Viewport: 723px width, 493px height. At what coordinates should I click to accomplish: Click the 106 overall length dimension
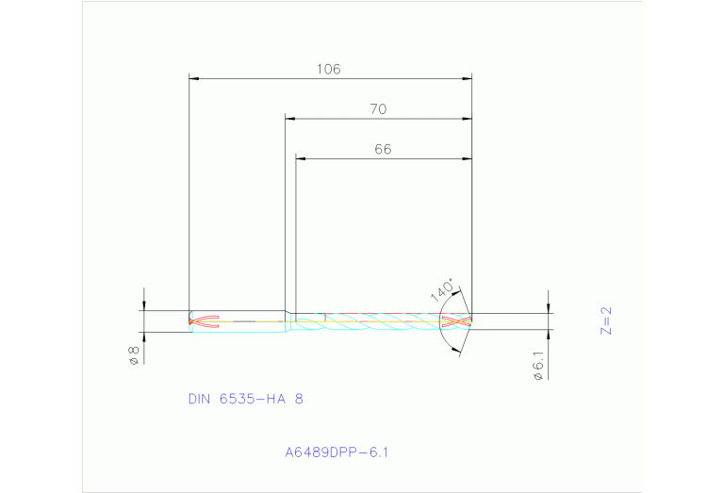tap(328, 69)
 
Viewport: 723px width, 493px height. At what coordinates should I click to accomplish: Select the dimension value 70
tap(378, 109)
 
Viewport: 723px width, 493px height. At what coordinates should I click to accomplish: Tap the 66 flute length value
tap(383, 149)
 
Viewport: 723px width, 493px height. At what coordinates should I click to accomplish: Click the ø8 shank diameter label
tap(134, 355)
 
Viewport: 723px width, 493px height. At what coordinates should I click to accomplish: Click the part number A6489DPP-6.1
tap(337, 452)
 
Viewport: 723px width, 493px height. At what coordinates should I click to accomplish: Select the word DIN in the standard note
tap(199, 399)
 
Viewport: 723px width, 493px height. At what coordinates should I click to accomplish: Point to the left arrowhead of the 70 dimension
tap(290, 119)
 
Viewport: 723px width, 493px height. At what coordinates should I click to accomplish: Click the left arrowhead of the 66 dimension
tap(301, 158)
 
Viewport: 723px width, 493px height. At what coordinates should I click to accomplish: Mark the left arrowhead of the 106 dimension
tap(194, 78)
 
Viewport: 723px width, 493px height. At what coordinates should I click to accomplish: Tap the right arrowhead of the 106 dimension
tap(467, 78)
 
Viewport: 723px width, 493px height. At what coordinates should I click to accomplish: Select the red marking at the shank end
tap(204, 321)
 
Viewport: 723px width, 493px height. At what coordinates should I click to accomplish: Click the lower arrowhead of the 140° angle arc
tap(458, 350)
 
